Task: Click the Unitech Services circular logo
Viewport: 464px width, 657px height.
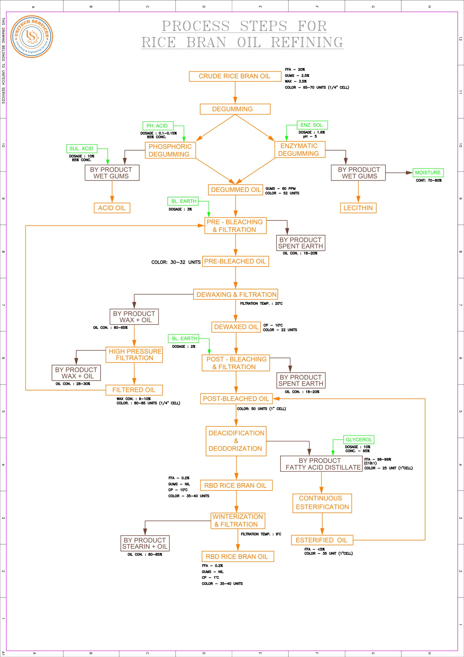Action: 32,37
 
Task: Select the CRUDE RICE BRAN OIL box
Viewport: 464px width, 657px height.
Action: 235,76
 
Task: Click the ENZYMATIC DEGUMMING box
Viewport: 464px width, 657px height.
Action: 299,150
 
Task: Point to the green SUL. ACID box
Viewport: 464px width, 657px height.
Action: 82,149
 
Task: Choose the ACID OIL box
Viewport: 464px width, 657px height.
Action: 112,208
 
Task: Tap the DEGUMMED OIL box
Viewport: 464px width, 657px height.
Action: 235,190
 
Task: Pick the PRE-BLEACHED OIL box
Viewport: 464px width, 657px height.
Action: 235,261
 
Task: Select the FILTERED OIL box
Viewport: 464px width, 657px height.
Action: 134,390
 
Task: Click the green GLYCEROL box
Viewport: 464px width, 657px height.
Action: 359,440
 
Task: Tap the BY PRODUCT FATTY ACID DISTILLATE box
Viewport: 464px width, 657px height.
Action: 321,464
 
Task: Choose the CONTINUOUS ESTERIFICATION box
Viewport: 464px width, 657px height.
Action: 322,503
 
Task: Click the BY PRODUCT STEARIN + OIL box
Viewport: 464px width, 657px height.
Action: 145,543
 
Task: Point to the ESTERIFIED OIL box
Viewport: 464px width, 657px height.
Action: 322,540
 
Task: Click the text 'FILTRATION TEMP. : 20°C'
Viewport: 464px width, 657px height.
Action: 261,304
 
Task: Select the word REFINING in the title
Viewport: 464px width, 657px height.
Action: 307,42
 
